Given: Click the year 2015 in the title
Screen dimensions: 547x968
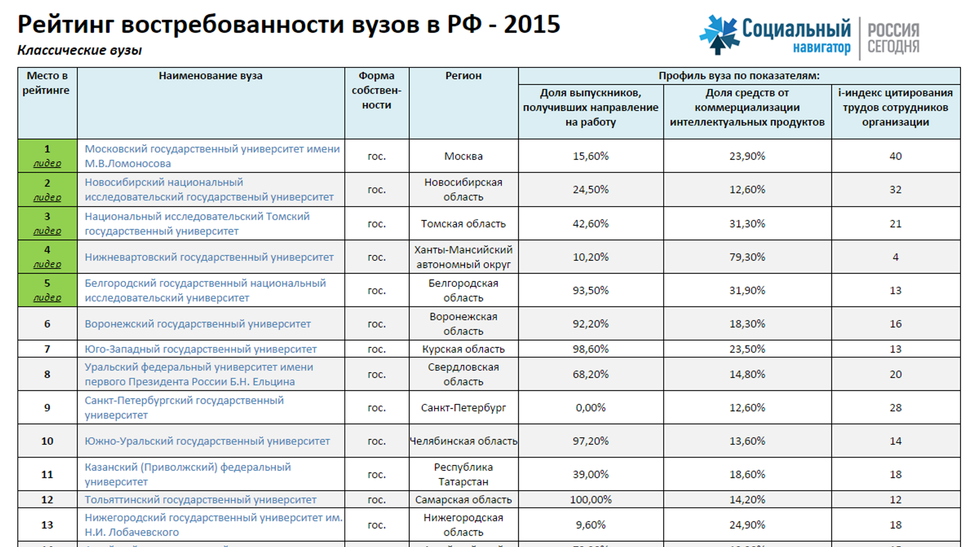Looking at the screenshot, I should (532, 24).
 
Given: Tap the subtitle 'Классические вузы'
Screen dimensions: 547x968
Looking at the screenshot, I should (80, 50).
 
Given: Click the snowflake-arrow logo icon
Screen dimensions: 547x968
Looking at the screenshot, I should (718, 34).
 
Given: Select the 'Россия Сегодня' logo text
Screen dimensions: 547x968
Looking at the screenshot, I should (893, 38).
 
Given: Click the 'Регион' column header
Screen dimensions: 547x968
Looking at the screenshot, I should (463, 76).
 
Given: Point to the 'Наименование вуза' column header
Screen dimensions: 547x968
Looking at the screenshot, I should (210, 76).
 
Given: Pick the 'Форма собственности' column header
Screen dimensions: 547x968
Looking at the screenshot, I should (377, 90).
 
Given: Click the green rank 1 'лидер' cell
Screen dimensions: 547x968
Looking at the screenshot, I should (47, 156).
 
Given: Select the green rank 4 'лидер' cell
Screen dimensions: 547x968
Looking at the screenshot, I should (47, 256).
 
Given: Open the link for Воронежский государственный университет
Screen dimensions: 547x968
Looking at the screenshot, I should (198, 324).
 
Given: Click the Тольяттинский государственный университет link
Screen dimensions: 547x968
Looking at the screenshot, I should (200, 500).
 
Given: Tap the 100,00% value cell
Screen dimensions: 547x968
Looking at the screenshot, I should (590, 500).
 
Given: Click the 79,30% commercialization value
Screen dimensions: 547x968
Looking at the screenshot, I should (747, 257).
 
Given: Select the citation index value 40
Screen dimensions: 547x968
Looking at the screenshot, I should (895, 156).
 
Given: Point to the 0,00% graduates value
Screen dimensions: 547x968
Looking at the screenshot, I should (590, 407).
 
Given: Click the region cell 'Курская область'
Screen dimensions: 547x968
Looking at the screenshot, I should (463, 349).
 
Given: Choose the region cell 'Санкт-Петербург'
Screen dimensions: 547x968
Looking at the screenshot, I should (463, 407).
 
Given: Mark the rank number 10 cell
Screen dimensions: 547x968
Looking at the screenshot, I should (47, 441).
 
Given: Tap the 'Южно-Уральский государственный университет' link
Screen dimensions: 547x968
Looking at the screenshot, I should (207, 441).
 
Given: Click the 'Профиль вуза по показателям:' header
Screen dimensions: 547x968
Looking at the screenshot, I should (739, 76).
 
